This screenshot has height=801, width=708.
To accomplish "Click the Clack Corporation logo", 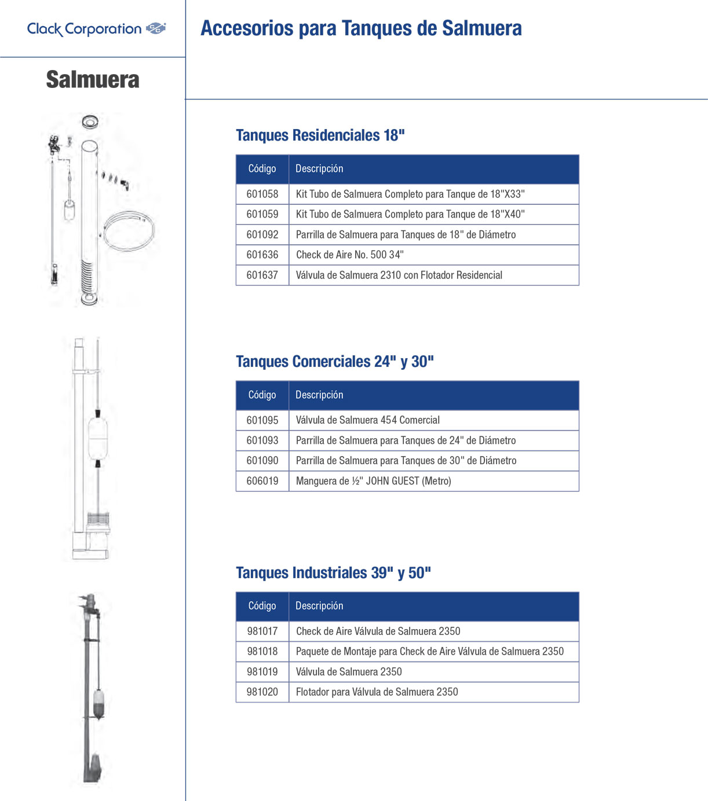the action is tap(96, 29).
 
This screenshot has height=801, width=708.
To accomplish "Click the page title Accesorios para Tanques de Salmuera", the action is tap(361, 28).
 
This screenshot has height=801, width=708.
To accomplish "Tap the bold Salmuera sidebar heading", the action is tap(93, 79).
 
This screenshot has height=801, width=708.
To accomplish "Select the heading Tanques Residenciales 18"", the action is tap(320, 135).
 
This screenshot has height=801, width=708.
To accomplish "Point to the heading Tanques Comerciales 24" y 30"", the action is tap(335, 361).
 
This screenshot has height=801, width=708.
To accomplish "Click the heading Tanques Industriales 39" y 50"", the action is tap(333, 572).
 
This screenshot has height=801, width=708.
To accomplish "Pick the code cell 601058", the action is tap(262, 194).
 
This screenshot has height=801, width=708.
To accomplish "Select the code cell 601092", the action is tap(262, 234).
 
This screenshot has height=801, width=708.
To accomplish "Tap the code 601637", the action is tap(262, 275).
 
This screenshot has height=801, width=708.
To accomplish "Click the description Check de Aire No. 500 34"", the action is tap(350, 255).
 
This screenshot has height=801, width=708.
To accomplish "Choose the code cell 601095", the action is tap(262, 420).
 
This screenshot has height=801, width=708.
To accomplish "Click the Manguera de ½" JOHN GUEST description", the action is tap(374, 481).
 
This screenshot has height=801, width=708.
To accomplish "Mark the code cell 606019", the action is tap(262, 481).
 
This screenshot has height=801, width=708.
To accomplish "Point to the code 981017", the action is tap(262, 631).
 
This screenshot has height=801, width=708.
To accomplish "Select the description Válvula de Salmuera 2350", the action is tap(349, 671).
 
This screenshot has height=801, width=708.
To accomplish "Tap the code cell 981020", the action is tap(262, 692).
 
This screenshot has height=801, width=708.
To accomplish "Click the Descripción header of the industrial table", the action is tap(319, 606).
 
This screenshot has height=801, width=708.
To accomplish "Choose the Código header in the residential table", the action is tap(262, 168).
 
